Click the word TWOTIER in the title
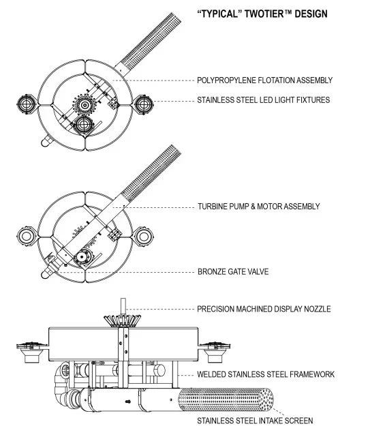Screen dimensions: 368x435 coord(269,14)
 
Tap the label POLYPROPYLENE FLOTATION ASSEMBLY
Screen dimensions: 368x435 coord(264,80)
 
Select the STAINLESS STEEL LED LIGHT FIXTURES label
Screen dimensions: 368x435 coord(264,100)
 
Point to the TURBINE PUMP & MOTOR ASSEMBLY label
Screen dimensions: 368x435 coord(259,207)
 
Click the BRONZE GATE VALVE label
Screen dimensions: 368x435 coord(233,271)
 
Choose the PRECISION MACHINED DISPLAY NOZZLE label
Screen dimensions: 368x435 coord(264,309)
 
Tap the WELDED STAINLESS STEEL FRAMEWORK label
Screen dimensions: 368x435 coord(266,374)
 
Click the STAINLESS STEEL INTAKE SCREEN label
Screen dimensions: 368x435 coord(255,421)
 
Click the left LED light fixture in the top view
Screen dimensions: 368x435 coord(27,104)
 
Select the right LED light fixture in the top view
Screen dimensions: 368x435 coord(144,104)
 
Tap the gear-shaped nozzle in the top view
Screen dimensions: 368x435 coord(85,104)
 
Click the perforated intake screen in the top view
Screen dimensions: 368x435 coord(151,40)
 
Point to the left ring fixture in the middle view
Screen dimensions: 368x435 coord(27,237)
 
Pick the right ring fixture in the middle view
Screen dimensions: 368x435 coord(144,237)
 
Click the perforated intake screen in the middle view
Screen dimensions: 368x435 coord(151,172)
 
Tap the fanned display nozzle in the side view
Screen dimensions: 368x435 coord(122,320)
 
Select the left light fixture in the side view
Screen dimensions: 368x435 coord(32,352)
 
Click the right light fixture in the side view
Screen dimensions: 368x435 coord(215,352)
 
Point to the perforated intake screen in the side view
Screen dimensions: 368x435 coord(226,400)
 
